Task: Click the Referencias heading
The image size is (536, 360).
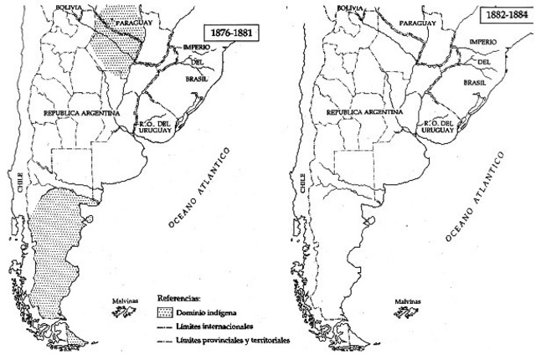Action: (x=181, y=297)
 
